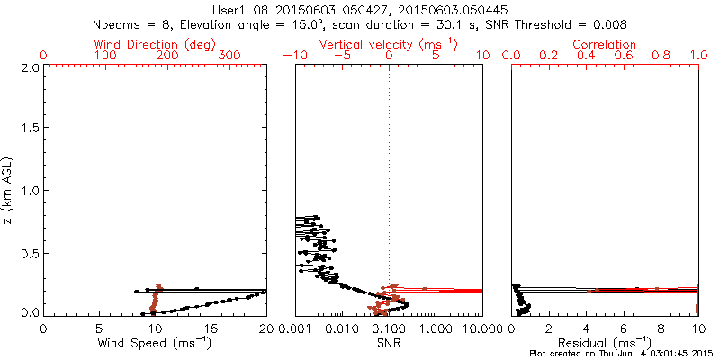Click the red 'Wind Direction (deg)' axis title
[156, 44]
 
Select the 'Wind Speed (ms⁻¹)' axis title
[156, 343]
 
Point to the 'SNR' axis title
[388, 343]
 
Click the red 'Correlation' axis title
[605, 44]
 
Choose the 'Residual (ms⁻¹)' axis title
[605, 343]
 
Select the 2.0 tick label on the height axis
[29, 67]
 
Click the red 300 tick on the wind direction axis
[229, 56]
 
